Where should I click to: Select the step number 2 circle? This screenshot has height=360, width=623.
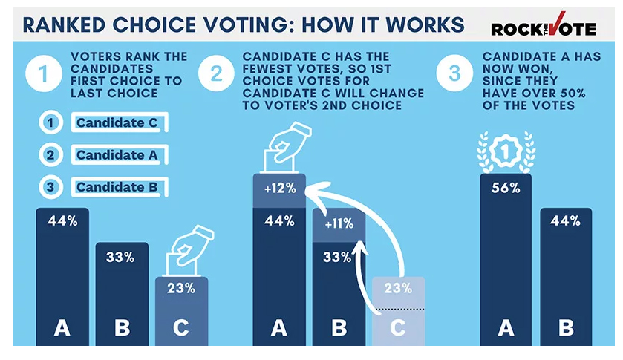(216, 75)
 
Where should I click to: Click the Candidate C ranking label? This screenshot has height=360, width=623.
(117, 122)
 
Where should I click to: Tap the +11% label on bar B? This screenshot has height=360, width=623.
(339, 223)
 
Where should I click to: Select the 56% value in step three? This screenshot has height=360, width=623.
(506, 188)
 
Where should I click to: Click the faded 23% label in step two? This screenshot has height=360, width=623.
(398, 289)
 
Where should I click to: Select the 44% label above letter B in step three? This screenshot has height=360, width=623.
(566, 220)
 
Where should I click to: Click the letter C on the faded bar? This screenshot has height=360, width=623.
(398, 327)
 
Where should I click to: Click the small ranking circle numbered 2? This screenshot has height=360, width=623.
(50, 155)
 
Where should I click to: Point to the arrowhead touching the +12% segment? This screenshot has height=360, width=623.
(313, 194)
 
